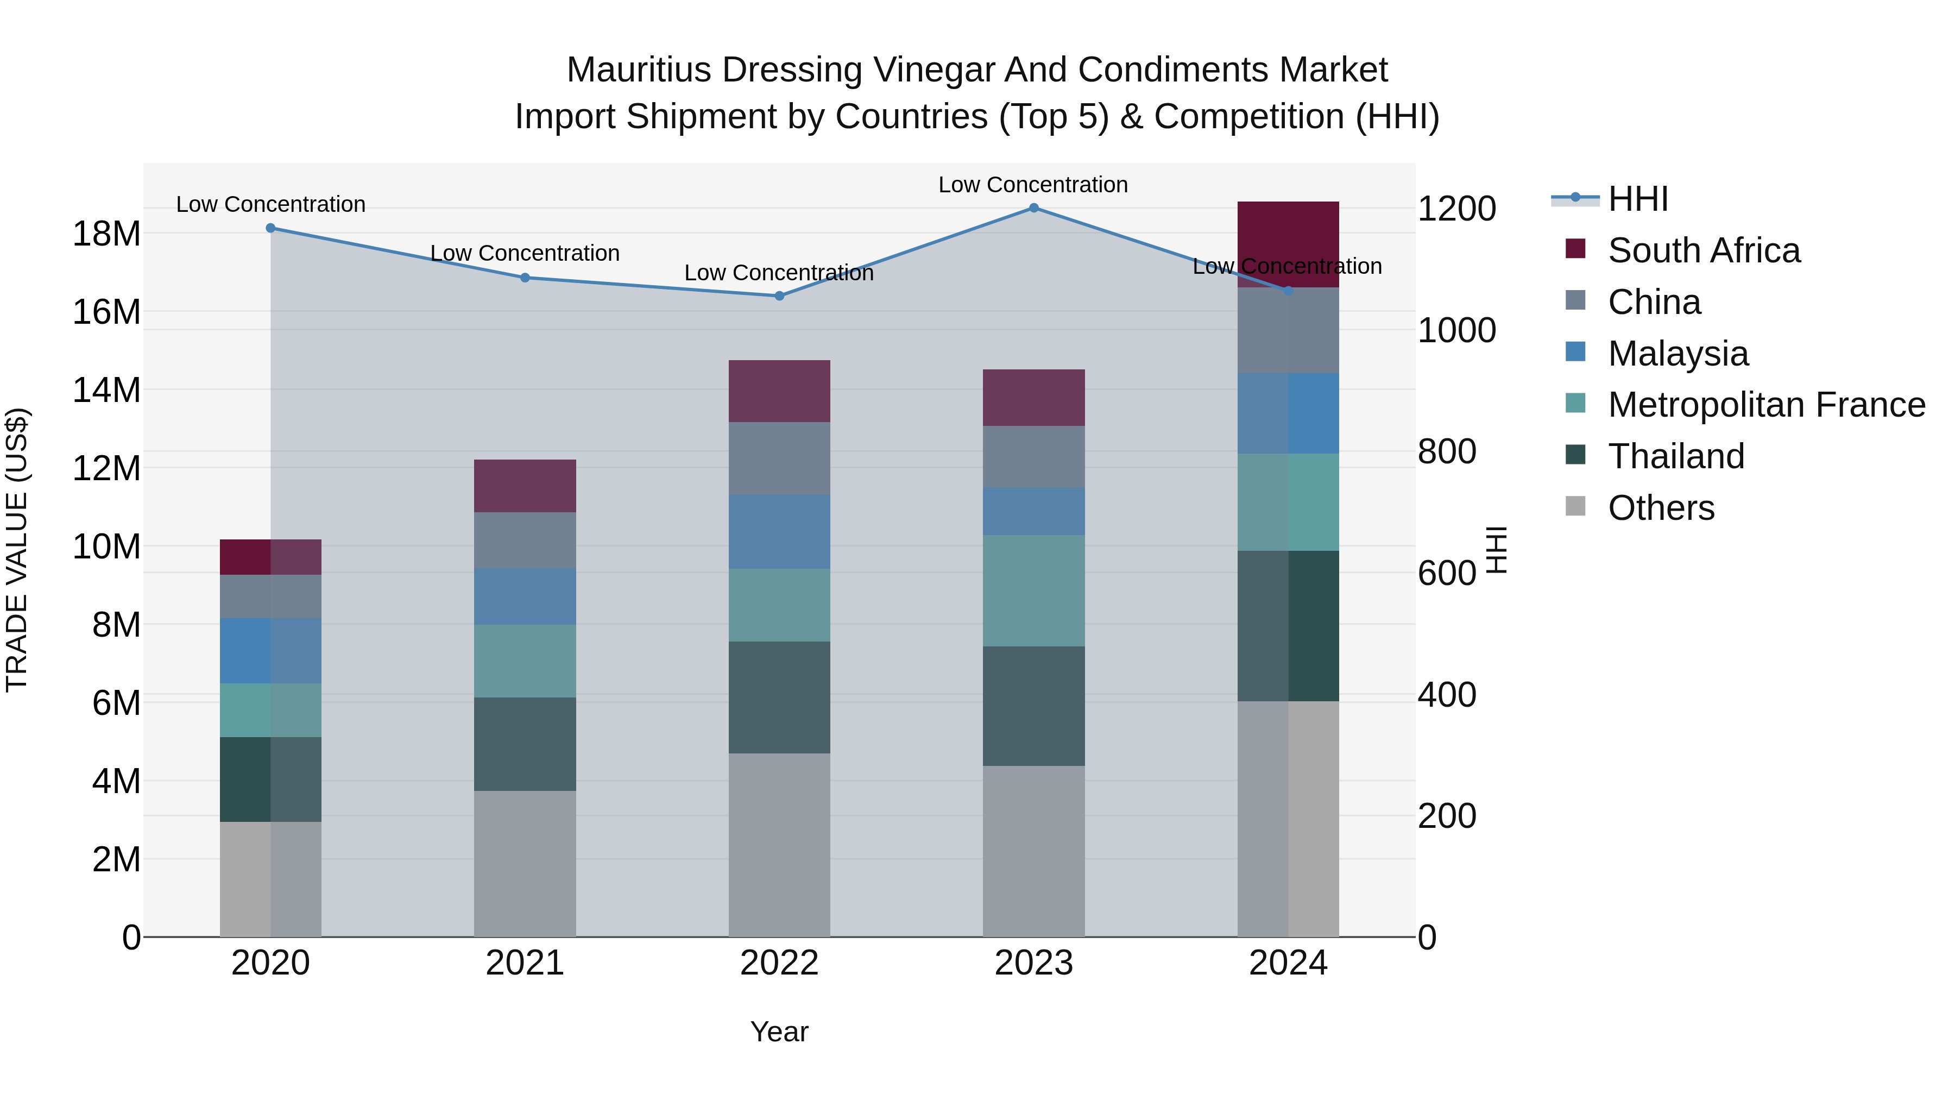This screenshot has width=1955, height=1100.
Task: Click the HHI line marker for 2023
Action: [x=1033, y=208]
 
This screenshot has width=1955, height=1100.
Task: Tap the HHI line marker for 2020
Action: [x=271, y=228]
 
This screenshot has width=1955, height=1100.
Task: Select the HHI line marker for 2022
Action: [x=779, y=296]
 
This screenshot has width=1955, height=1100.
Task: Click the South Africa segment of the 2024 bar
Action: [x=1288, y=244]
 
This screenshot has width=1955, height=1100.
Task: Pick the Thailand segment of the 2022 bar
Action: [x=779, y=697]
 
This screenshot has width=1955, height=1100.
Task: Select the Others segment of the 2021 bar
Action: [x=525, y=864]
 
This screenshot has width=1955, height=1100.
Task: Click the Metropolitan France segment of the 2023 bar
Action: [x=1033, y=590]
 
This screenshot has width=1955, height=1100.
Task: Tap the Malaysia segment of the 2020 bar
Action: [x=271, y=651]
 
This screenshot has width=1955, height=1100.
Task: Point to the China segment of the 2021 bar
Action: [x=525, y=540]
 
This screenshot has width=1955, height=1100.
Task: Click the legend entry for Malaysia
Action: [x=1678, y=354]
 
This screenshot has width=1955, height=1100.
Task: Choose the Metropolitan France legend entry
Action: [x=1766, y=405]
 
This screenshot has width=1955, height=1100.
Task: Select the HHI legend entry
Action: [x=1638, y=199]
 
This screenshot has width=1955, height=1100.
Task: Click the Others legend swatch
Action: [x=1575, y=506]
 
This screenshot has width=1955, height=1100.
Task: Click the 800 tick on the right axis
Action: [x=1447, y=452]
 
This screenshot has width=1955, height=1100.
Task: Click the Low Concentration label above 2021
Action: [x=525, y=254]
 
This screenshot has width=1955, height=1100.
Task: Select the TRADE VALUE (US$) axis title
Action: [x=17, y=550]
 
